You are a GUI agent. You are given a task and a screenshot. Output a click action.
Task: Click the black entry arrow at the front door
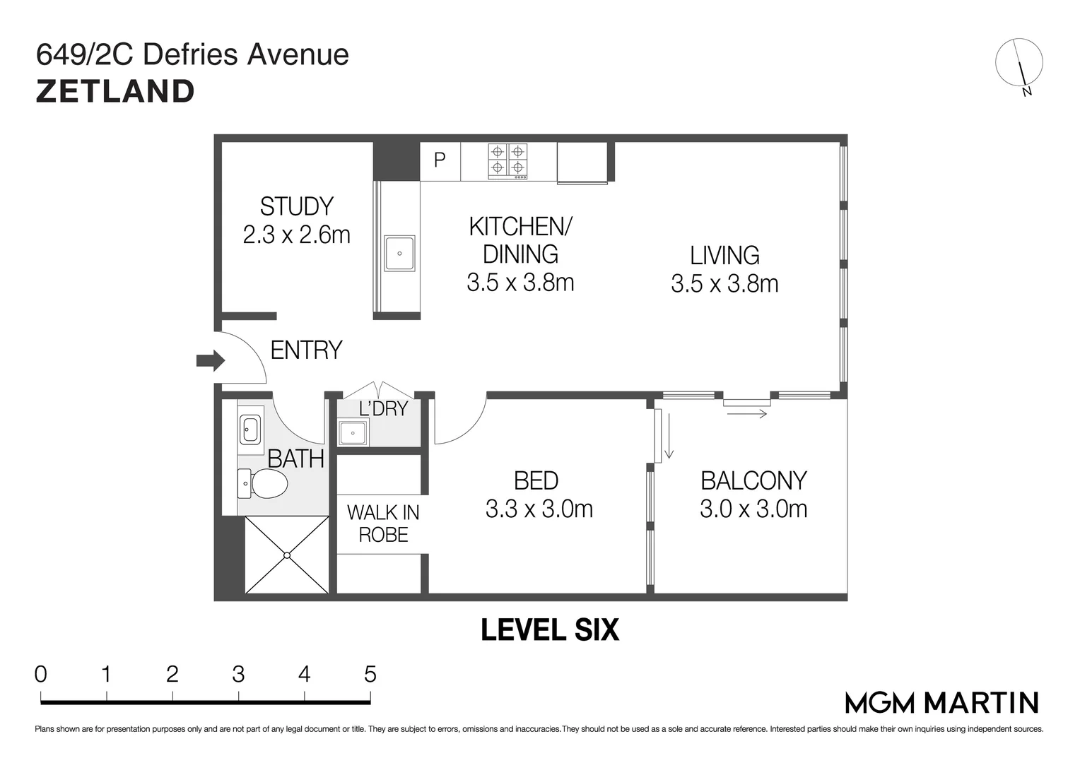coord(211,360)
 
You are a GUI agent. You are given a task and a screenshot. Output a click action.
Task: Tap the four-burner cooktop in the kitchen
coord(507,162)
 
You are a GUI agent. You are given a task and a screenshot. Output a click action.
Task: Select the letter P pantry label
coord(440,160)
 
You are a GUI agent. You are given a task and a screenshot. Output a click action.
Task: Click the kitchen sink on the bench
coord(399,253)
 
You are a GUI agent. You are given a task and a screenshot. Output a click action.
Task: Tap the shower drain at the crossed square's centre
coord(287,555)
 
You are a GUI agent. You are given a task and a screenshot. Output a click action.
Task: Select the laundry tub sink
coord(353,432)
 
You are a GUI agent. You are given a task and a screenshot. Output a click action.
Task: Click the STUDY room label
coord(297,206)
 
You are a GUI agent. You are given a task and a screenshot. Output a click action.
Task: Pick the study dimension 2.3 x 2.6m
coord(297,235)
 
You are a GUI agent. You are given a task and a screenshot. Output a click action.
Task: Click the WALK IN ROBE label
coord(383,524)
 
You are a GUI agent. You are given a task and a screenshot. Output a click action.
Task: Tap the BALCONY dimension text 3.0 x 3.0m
coord(753,509)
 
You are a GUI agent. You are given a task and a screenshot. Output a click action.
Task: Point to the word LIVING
coord(724,256)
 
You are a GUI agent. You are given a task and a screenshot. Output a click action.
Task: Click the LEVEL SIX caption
coord(550,629)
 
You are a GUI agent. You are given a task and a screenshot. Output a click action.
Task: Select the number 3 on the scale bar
coord(238,674)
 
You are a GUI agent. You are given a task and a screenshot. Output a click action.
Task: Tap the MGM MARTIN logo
coord(942,703)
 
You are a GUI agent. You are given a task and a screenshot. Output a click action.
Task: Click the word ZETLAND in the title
coord(115,92)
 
